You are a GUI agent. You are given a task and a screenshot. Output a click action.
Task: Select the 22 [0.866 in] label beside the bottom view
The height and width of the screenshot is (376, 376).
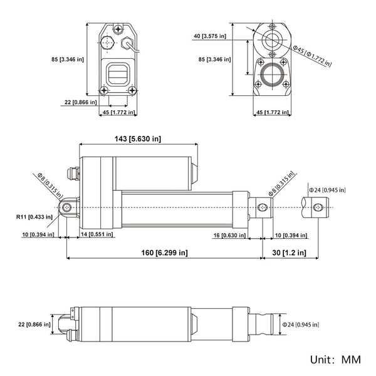click(32, 325)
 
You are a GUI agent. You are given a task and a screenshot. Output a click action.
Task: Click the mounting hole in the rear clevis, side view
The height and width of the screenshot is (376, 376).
click(66, 207)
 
